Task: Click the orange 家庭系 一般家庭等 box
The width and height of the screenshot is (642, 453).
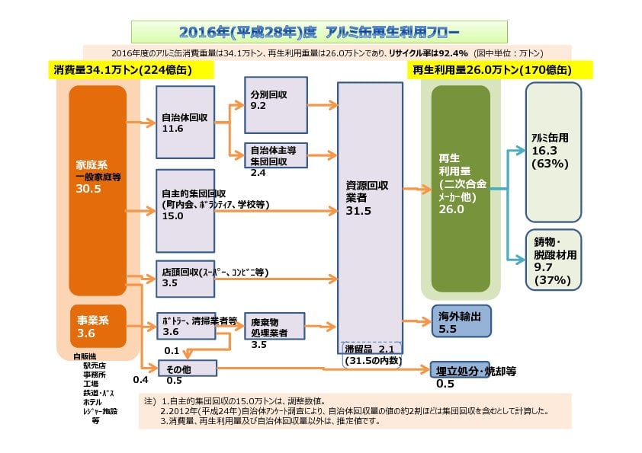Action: point(98,190)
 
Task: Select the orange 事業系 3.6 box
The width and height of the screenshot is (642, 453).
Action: point(98,325)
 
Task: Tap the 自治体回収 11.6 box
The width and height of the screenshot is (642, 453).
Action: point(186,123)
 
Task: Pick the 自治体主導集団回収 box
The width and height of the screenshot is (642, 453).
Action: point(275,155)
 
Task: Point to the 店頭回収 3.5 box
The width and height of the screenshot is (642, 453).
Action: point(186,276)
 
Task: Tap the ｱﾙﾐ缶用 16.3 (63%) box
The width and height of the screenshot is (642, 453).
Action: point(554,152)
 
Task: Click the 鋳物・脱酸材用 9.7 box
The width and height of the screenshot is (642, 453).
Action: point(554,260)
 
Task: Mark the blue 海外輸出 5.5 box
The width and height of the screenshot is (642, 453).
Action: point(461,321)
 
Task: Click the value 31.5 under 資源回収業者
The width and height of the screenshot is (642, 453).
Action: point(358,211)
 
